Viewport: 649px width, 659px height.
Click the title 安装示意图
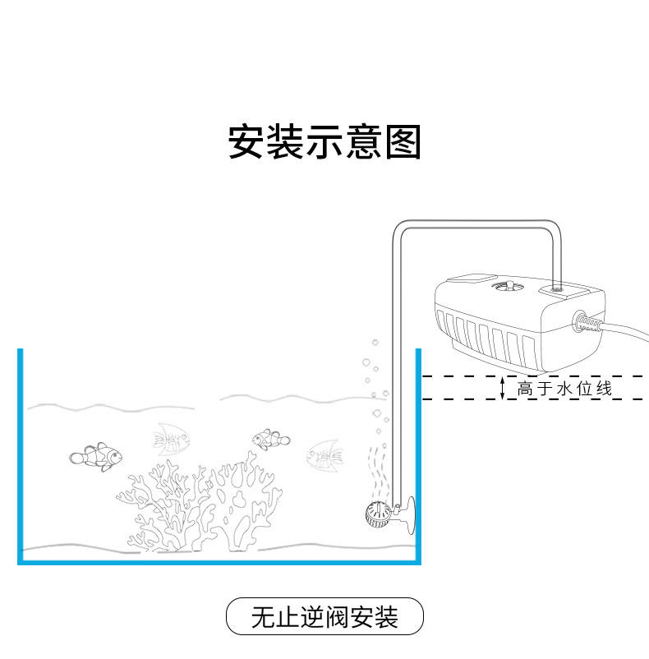[x=324, y=142]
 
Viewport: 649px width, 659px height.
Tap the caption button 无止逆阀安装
[x=324, y=616]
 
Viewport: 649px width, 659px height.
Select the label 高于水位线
[x=564, y=389]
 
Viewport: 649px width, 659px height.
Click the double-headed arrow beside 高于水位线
[x=503, y=388]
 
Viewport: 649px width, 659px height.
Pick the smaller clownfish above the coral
[x=270, y=439]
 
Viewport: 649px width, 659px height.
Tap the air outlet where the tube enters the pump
[x=557, y=288]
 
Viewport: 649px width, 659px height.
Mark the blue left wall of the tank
[x=21, y=452]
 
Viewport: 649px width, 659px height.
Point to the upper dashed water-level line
[x=534, y=376]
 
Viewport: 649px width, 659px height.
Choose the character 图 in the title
[x=403, y=142]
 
